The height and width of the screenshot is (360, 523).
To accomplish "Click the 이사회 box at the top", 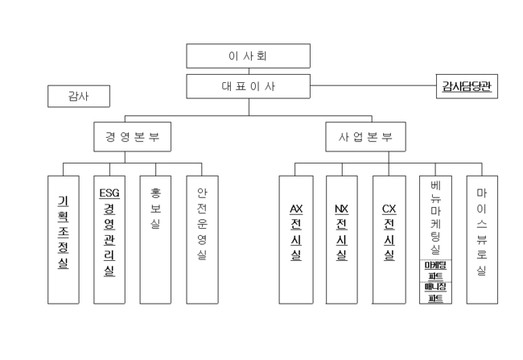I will (248, 56).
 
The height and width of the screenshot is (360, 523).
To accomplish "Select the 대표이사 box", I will (248, 86).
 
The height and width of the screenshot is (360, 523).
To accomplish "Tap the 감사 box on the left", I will (78, 97).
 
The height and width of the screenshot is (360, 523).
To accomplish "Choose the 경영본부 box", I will (126, 136).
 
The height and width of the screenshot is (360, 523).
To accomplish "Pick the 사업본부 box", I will (365, 136).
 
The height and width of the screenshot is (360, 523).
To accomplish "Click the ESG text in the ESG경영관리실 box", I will (109, 193).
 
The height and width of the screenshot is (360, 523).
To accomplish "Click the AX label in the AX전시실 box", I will (296, 209).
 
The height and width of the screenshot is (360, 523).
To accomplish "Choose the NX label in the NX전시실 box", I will (342, 209).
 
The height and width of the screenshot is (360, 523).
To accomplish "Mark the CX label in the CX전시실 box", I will (389, 209).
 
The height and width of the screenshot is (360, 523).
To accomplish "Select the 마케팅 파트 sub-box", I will (435, 271).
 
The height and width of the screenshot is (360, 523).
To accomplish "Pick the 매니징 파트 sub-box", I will (435, 292).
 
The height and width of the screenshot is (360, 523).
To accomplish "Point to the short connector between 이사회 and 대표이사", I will (248, 71).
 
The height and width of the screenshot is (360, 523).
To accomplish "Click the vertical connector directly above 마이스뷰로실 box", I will (481, 169).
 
